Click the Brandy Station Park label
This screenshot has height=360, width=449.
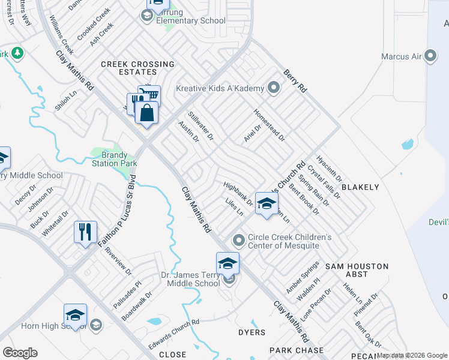(x=114, y=159)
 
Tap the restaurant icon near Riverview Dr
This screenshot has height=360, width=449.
(x=85, y=232)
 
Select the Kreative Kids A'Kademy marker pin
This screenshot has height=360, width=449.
(x=274, y=88)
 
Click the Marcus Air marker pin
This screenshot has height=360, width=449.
(x=430, y=57)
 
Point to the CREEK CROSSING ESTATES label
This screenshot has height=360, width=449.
(x=137, y=68)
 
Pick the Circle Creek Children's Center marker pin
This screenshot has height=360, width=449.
(x=239, y=241)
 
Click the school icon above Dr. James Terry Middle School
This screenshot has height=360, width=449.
(x=228, y=263)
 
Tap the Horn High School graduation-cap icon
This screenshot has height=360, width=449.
(x=76, y=314)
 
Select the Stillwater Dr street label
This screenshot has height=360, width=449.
(x=201, y=125)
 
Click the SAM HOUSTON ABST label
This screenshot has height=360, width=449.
(x=357, y=269)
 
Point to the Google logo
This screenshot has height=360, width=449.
(x=20, y=353)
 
